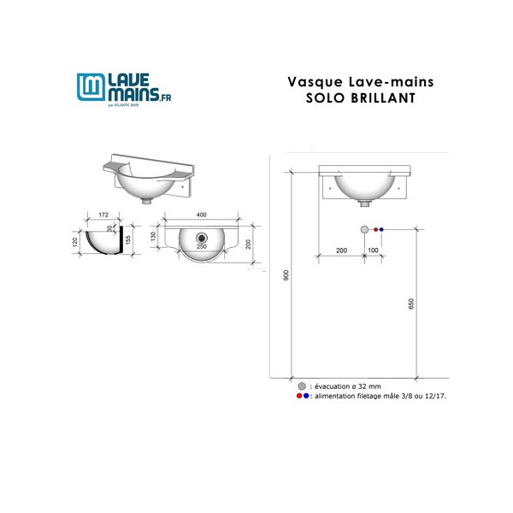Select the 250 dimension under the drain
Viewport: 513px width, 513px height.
pos(203,246)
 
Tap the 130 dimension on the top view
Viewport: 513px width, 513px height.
pos(154,236)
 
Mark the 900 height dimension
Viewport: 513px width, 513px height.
pos(287,274)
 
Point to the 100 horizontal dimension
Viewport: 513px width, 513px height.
pos(373,250)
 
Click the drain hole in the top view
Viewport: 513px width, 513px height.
pos(203,237)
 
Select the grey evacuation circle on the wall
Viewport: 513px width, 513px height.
pos(364,230)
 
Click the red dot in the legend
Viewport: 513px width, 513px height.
pos(298,397)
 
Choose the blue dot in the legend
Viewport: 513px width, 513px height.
pos(306,397)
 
